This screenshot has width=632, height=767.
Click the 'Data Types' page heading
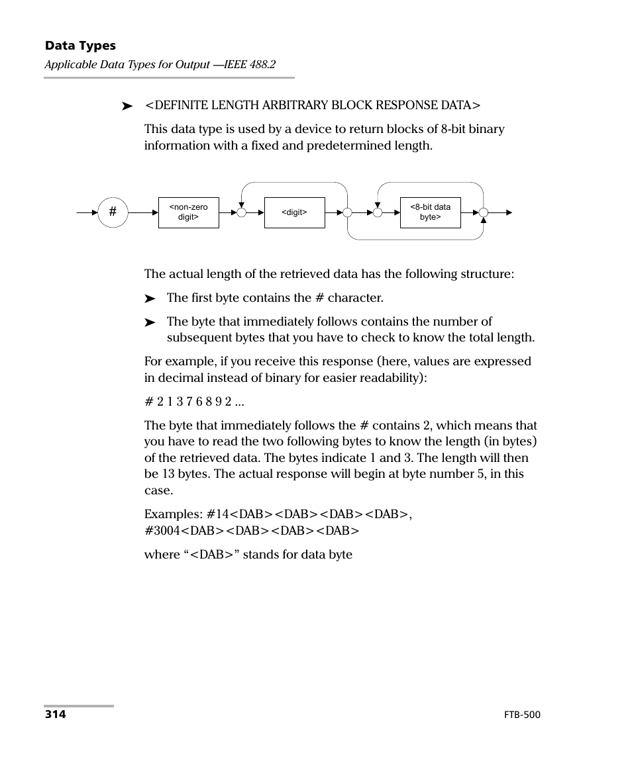(80, 46)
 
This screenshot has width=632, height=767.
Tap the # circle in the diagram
(113, 212)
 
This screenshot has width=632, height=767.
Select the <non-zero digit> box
(189, 212)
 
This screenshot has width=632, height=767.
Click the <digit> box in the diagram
(294, 212)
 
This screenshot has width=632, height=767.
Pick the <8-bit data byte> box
(430, 212)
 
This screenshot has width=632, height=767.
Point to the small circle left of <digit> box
(241, 212)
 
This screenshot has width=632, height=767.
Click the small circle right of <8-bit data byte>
(483, 212)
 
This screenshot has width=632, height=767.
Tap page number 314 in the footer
(56, 715)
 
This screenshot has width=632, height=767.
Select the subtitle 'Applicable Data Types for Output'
(127, 65)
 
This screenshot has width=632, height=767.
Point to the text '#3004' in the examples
(162, 530)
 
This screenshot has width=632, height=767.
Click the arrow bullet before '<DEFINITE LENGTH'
(127, 106)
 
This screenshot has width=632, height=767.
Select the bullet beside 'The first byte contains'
(150, 299)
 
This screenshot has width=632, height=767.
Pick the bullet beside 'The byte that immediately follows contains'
(150, 323)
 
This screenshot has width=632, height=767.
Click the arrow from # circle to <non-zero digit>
(142, 212)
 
